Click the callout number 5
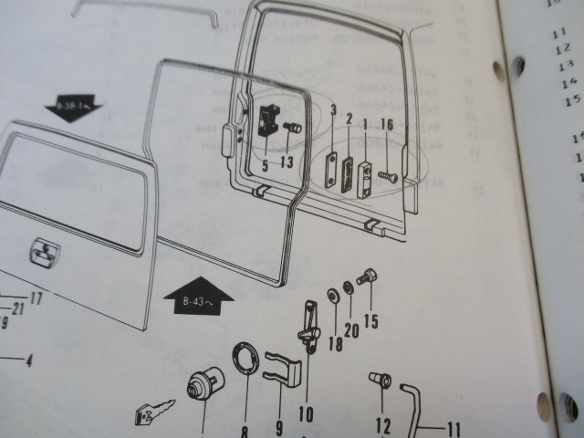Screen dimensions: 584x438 (266, 165)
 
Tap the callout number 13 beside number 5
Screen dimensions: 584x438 (287, 163)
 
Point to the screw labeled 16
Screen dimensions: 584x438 (387, 176)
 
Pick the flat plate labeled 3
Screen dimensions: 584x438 (331, 169)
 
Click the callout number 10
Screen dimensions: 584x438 (305, 413)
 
